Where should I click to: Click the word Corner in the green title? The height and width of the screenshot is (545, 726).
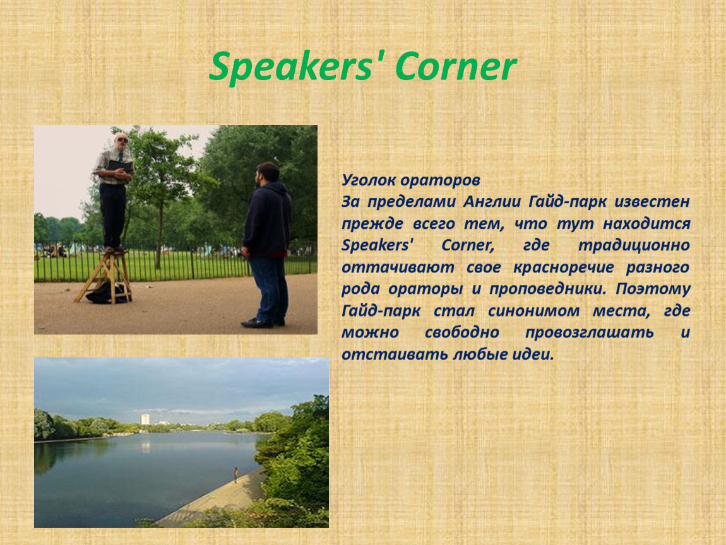456,67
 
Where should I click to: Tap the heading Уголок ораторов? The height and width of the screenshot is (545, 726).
411,180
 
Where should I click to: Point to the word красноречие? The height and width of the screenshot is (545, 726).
564,267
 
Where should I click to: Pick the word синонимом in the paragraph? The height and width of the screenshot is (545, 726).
534,310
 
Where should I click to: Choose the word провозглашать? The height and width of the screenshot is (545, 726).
590,332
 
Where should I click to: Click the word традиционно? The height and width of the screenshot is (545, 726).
634,245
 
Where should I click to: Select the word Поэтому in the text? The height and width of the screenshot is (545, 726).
653,289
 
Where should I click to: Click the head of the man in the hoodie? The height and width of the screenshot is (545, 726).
267,173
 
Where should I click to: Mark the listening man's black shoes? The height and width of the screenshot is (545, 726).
263,322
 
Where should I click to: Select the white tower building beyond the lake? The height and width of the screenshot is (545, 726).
145,419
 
